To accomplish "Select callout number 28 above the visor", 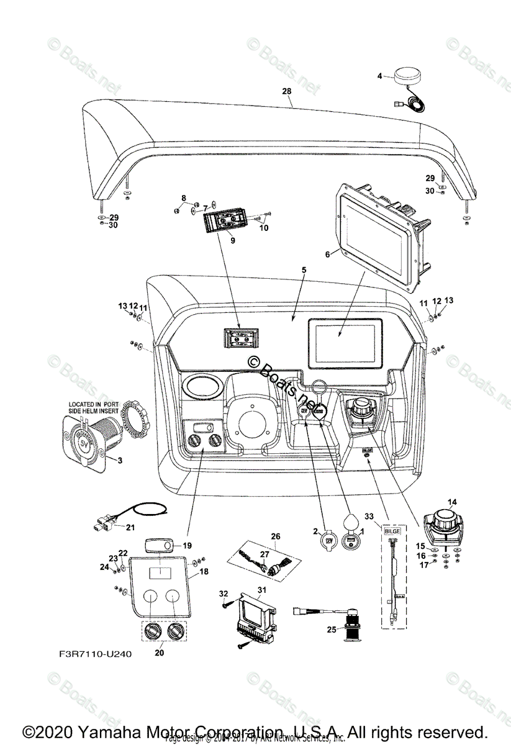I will pyautogui.click(x=286, y=91).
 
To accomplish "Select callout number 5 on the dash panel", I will pyautogui.click(x=303, y=271).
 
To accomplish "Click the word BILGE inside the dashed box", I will pyautogui.click(x=393, y=532).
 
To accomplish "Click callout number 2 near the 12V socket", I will pyautogui.click(x=315, y=531).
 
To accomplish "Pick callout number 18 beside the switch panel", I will pyautogui.click(x=204, y=570).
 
